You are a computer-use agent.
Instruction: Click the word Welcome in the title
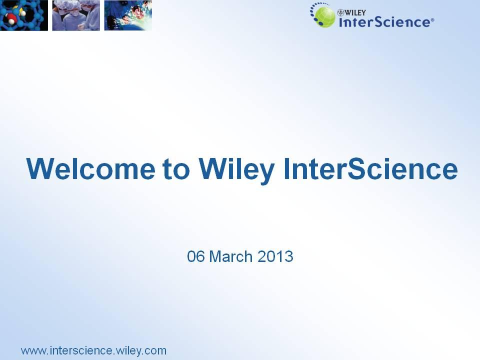(x=91, y=168)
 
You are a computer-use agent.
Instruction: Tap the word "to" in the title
(x=176, y=169)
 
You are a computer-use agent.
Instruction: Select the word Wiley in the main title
(x=236, y=170)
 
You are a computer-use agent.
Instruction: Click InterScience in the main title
(x=370, y=168)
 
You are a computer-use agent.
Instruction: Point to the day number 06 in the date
(x=195, y=256)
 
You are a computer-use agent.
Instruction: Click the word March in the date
(x=231, y=256)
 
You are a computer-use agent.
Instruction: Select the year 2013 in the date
(x=275, y=256)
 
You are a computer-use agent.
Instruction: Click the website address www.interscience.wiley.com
(x=93, y=350)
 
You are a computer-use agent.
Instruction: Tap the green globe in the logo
(x=325, y=17)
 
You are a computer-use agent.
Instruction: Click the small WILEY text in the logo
(x=355, y=12)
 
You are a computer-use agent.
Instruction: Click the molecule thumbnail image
(x=24, y=15)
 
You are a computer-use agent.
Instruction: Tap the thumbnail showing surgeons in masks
(x=76, y=15)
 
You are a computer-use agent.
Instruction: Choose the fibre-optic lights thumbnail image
(x=128, y=15)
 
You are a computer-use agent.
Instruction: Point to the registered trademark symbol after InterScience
(x=432, y=20)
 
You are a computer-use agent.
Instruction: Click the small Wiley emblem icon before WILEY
(x=340, y=12)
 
